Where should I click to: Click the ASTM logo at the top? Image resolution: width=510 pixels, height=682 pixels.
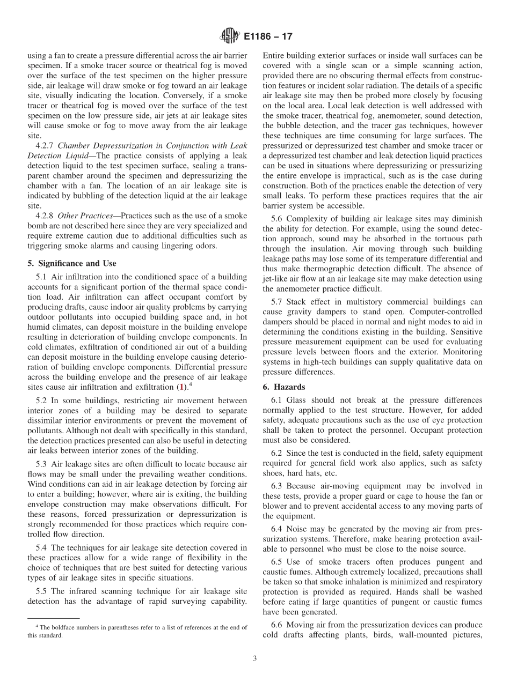pyautogui.click(x=230, y=37)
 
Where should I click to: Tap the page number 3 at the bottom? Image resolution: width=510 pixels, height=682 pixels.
pyautogui.click(x=255, y=658)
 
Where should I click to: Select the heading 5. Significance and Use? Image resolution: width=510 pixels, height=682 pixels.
pyautogui.click(x=72, y=263)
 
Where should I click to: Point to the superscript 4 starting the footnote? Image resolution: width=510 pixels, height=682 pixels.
pyautogui.click(x=37, y=626)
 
